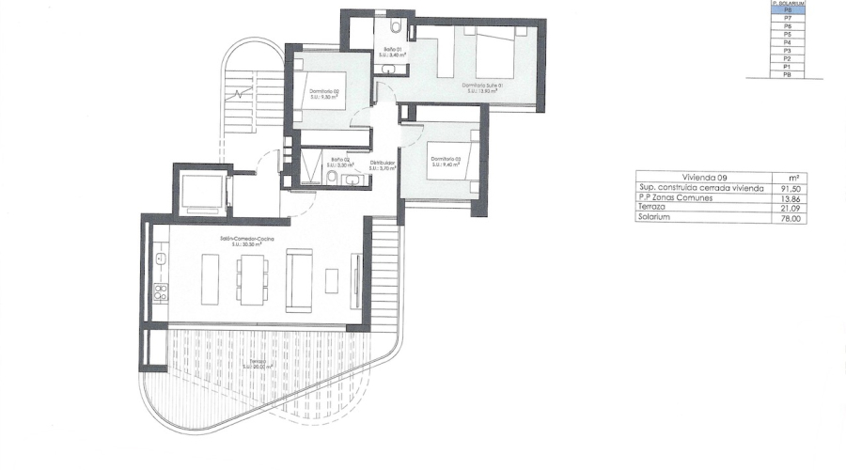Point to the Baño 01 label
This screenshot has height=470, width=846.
(392, 51)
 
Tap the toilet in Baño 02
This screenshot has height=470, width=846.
(332, 177)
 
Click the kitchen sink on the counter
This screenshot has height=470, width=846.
(161, 257)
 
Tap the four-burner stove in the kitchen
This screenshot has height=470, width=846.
(161, 292)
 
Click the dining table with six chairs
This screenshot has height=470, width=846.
(251, 278)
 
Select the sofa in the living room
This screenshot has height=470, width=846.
(299, 279)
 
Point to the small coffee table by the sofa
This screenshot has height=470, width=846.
(332, 280)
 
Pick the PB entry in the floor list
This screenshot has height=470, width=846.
(788, 74)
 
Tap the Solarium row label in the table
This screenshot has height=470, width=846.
(655, 219)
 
